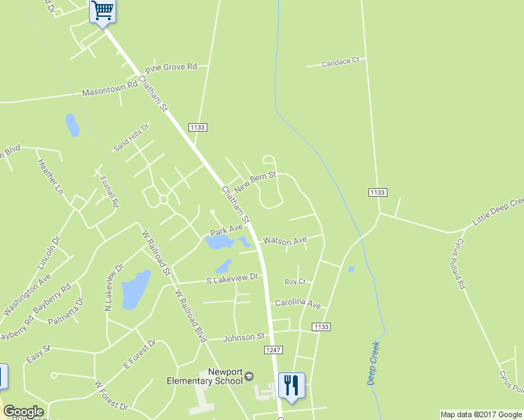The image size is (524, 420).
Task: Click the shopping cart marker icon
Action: coord(103,11)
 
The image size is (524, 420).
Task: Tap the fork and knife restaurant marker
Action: coord(291,385)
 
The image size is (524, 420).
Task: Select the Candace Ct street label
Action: coord(340,62)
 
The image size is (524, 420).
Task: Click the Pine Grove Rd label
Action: coord(172,68)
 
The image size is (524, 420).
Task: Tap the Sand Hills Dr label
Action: coord(131,136)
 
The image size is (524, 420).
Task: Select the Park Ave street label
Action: coord(226,230)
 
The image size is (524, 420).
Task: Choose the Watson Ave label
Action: coord(284,240)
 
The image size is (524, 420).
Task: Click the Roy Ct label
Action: coord(295,281)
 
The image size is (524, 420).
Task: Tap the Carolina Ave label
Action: coord(297,305)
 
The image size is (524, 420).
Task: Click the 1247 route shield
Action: coord(273,349)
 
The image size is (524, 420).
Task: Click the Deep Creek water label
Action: coord(373,363)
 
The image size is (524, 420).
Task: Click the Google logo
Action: coord(23,412)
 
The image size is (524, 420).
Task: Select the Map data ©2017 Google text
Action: coord(481,414)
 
